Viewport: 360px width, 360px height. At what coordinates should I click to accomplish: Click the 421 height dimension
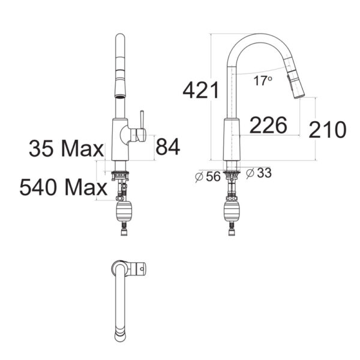pos(200,91)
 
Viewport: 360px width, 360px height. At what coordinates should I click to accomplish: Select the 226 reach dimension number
pos(268,125)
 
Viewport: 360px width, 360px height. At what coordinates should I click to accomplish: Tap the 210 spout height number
pos(328,129)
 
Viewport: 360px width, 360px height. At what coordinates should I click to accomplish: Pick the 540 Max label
pos(62,188)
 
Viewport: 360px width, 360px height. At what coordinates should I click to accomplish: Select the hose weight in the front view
pos(122,212)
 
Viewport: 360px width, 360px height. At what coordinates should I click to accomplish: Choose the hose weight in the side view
pos(232,212)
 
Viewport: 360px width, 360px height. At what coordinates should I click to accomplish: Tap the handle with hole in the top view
pos(139,268)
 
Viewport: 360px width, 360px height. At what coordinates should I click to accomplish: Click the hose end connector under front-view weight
pos(122,230)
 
